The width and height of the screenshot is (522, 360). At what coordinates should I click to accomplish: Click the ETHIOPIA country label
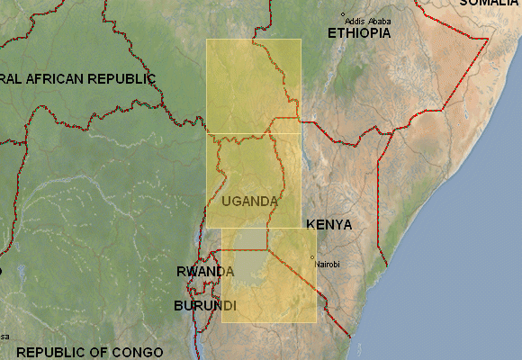[359, 32]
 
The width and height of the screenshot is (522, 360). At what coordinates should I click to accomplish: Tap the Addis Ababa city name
[367, 21]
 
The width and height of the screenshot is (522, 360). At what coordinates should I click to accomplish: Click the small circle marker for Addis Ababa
[343, 14]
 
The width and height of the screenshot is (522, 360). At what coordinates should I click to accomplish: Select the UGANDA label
[249, 201]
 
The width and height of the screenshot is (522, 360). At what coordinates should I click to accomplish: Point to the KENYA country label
[328, 224]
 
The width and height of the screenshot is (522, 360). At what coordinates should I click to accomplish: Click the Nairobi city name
[328, 264]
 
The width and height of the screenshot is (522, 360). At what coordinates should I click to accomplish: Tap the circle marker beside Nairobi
[312, 258]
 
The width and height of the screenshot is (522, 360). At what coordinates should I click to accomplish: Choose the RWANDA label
[205, 271]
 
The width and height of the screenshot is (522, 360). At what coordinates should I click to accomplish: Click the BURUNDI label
[204, 306]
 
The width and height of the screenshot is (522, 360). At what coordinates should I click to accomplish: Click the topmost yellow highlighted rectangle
[253, 85]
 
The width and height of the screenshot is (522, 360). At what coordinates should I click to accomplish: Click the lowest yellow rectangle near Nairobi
[269, 297]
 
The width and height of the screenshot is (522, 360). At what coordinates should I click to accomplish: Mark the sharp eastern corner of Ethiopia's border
[488, 39]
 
